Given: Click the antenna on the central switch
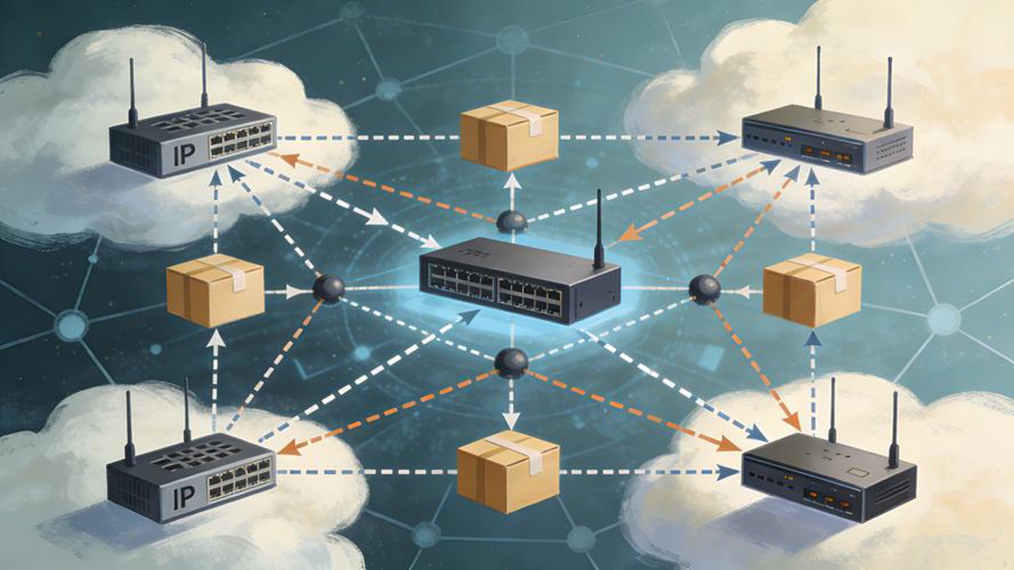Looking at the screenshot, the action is click(598, 230).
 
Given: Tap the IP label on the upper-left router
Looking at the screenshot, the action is click(184, 154).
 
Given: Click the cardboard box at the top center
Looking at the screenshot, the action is click(509, 135).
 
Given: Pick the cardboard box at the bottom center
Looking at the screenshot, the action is click(508, 472).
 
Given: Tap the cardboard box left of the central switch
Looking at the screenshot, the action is click(215, 290).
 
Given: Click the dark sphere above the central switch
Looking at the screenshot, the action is click(512, 222).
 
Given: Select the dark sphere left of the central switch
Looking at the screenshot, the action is click(328, 289).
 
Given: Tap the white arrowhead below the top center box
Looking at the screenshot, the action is click(512, 183).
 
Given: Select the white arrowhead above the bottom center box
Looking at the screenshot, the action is click(510, 421).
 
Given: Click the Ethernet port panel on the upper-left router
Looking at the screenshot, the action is click(241, 139).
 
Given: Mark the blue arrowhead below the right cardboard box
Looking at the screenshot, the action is click(813, 338).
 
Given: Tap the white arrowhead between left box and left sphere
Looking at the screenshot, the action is click(294, 291).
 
